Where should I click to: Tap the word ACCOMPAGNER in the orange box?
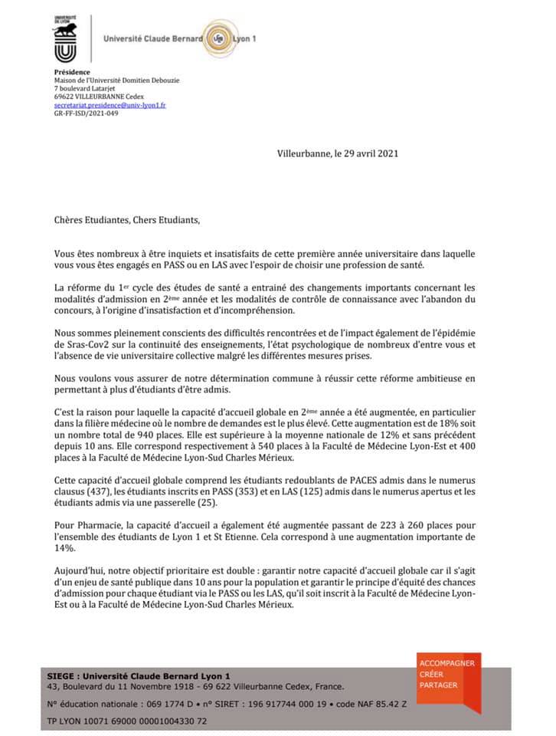pos(447,662)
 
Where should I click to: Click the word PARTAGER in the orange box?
pos(438,685)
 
